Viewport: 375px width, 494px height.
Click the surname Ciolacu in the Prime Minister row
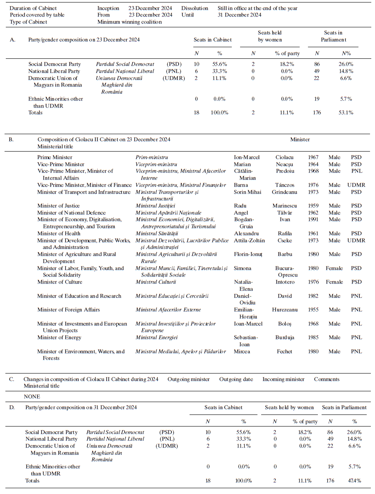coord(286,157)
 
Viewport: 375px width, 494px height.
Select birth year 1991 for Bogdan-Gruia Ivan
coord(313,219)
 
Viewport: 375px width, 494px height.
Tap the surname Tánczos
coord(285,185)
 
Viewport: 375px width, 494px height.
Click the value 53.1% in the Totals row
coord(344,113)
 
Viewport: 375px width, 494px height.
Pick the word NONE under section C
coord(31,396)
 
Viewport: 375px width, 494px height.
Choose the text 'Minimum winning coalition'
coord(130,22)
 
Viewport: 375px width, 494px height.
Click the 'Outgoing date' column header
coord(236,379)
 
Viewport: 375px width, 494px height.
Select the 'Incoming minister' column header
coord(284,379)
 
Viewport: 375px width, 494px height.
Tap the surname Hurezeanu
coord(285,310)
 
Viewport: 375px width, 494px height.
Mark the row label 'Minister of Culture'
coord(60,282)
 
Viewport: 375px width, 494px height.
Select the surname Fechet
coord(284,352)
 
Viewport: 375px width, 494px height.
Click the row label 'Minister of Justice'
coord(58,206)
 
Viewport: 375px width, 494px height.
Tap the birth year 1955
coord(313,310)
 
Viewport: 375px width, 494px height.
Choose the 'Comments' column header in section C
coord(327,379)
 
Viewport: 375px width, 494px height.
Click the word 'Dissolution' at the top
coord(195,8)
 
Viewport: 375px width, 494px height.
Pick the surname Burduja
coord(285,337)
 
